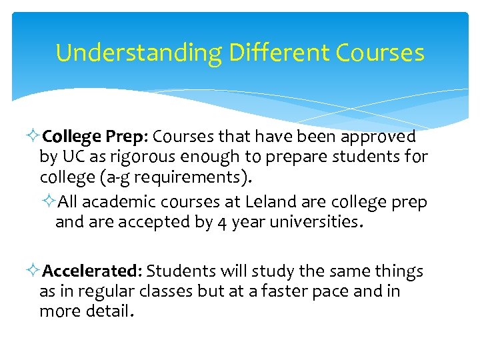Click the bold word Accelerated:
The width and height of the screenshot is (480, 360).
(x=91, y=271)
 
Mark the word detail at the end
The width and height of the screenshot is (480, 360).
(x=107, y=311)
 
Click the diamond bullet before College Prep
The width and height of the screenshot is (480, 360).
(x=35, y=137)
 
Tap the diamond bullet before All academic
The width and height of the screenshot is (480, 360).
(x=51, y=201)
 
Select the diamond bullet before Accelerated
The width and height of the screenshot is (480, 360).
(x=35, y=271)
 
